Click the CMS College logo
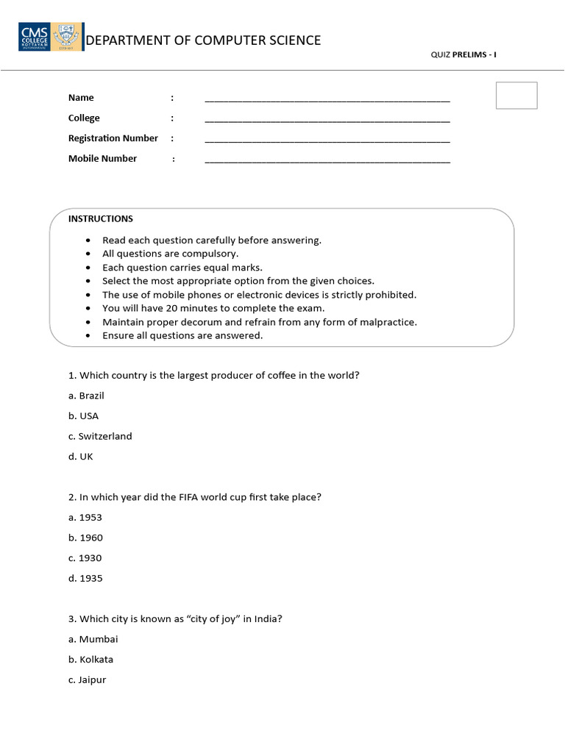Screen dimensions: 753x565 click(50, 36)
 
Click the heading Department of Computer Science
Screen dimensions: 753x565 click(203, 40)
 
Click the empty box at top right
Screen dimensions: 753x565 click(516, 96)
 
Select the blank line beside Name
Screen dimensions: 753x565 click(327, 99)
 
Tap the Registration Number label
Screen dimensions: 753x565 click(113, 138)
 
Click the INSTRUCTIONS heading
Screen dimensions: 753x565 click(101, 218)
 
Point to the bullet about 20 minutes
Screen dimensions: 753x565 click(213, 308)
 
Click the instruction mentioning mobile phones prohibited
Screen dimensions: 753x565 click(259, 295)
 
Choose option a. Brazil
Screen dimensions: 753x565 click(86, 396)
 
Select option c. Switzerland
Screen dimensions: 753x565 click(100, 436)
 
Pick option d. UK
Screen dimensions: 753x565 click(81, 457)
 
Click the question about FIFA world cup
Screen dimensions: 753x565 click(195, 497)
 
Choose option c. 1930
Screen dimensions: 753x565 click(85, 558)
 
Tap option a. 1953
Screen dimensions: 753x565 click(85, 518)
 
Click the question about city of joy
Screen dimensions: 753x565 click(175, 619)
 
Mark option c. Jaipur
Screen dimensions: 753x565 click(88, 680)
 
